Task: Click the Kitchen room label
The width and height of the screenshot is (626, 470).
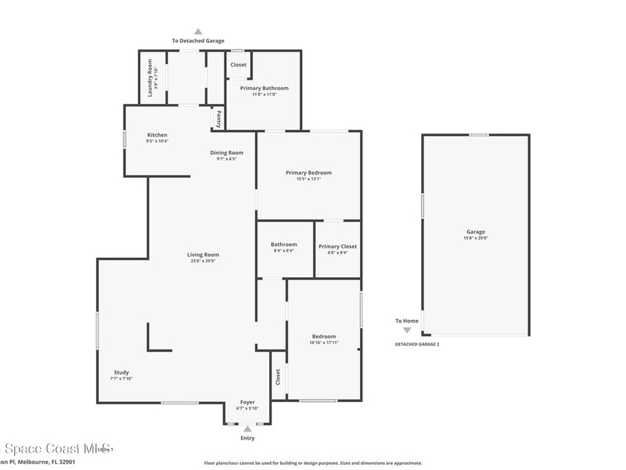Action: coord(157,135)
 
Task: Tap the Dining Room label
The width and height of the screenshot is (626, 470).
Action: coord(227,153)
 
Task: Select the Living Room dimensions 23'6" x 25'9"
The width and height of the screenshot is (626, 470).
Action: coord(203,261)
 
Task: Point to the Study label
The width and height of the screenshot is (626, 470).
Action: coord(121,373)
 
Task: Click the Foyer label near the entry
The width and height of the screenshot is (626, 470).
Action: coord(247,402)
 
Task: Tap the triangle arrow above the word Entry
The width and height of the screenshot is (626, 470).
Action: coord(247,429)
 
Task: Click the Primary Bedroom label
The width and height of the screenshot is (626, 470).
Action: coord(309,173)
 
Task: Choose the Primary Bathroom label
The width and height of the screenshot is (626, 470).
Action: coord(264,88)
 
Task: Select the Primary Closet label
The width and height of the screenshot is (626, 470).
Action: coord(337,247)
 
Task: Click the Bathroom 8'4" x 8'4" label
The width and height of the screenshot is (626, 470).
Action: coord(284,245)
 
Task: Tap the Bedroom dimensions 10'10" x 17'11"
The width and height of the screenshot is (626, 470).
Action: coord(324,343)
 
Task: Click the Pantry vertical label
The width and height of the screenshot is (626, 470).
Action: coord(218,118)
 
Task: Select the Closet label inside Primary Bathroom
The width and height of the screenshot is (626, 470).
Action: coord(238,65)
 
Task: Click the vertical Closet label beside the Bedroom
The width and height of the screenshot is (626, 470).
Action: coord(278,378)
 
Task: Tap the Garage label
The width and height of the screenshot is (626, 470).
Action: coord(476,232)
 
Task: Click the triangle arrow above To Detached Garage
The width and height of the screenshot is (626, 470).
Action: coord(197,32)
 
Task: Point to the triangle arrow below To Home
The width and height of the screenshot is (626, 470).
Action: coord(407,330)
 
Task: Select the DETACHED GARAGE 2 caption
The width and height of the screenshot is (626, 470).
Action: coord(417,344)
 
